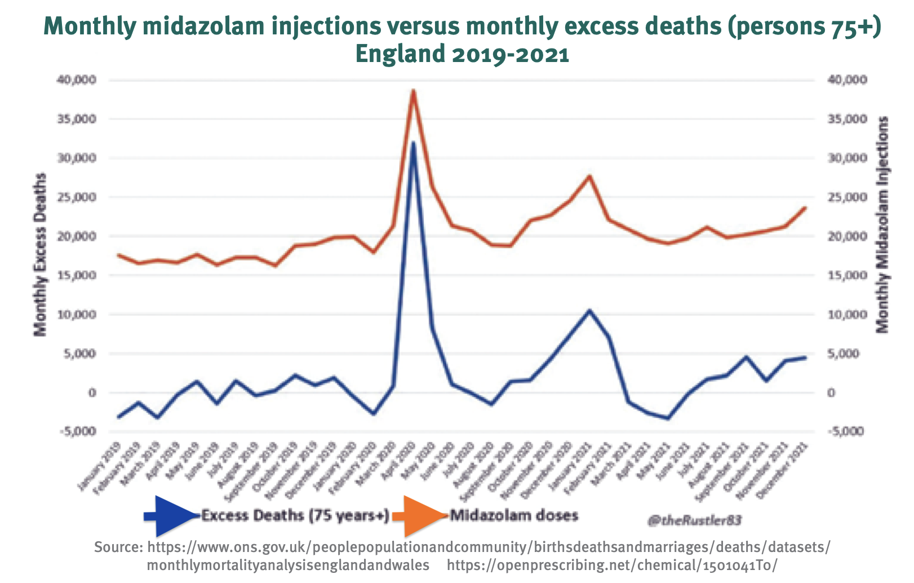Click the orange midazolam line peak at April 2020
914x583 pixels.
(x=413, y=90)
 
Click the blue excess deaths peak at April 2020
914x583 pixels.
(x=413, y=143)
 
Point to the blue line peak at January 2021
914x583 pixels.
(x=589, y=310)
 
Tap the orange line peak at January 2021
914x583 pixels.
(x=589, y=176)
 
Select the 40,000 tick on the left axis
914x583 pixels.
(x=76, y=80)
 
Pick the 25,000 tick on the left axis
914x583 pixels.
(x=76, y=197)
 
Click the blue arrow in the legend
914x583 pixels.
(x=172, y=516)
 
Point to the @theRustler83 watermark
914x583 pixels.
(x=694, y=520)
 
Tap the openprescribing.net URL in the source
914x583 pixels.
(x=613, y=565)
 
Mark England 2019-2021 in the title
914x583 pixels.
(x=462, y=55)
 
